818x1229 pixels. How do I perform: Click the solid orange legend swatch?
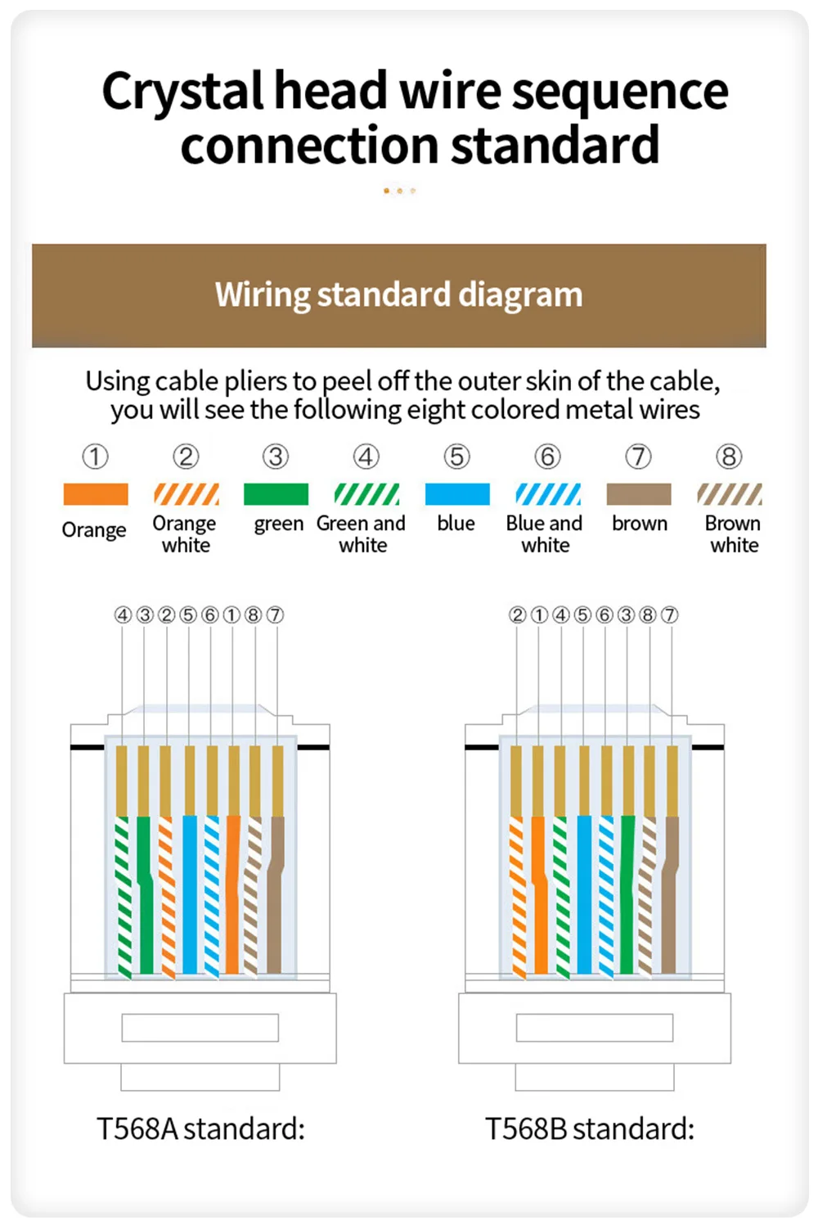click(96, 494)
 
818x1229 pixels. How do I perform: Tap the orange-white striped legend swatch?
click(187, 494)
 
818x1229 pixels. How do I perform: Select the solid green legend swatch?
click(276, 494)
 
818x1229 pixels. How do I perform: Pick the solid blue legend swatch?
click(457, 494)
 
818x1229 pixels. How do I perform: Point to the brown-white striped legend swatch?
click(730, 494)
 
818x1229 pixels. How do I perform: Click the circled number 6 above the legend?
click(548, 457)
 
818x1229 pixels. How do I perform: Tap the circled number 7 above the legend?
click(639, 457)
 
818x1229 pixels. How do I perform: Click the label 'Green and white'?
click(362, 533)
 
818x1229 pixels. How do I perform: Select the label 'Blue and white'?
click(545, 533)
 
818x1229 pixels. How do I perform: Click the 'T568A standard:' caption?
click(200, 1129)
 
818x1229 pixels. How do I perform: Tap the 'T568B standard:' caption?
click(590, 1129)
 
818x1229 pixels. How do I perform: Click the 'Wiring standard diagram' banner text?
click(399, 295)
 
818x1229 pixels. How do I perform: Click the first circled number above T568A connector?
click(123, 614)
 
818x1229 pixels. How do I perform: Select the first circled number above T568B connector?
click(517, 614)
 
